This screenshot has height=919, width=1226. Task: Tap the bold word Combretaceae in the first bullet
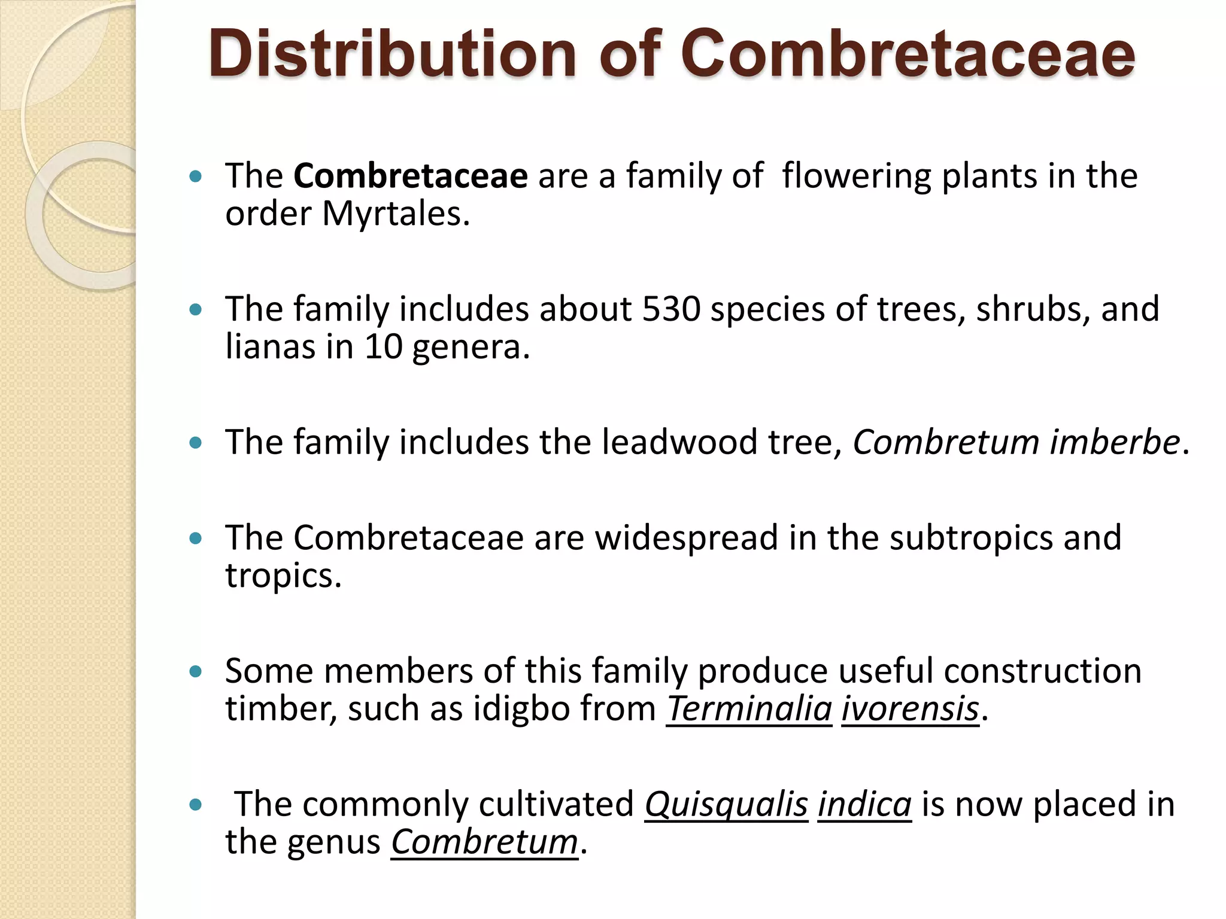pos(411,176)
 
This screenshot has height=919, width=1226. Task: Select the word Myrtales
pos(396,214)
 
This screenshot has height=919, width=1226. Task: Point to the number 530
pos(671,309)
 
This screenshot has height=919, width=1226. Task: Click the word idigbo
pos(521,709)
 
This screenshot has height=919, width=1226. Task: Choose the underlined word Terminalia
pos(749,709)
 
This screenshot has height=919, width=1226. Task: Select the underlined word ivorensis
pos(910,709)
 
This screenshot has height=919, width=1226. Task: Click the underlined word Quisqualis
pos(726,804)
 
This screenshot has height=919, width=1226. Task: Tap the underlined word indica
pos(864,804)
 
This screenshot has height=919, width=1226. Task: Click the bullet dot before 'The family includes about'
pos(195,310)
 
